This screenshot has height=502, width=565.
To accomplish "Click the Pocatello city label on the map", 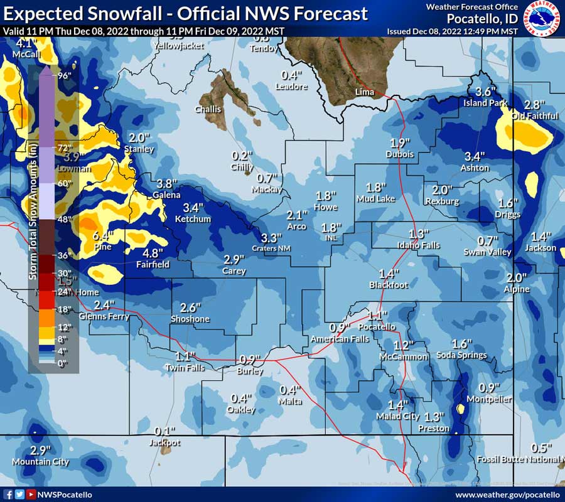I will coord(377,327).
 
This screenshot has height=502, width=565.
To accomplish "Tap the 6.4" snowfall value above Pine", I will coord(101,236).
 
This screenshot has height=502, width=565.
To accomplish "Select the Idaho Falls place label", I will coord(418,245).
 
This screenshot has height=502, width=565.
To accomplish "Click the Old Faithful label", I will coord(534,116).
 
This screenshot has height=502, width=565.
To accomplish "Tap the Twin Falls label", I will coord(185,368).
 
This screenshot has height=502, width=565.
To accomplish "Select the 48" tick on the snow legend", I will coord(65,220).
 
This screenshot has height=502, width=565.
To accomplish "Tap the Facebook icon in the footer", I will coord(8,494).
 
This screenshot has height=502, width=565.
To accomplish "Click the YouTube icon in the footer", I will coord(31,494).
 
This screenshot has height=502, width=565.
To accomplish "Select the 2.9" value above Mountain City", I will coord(40,451).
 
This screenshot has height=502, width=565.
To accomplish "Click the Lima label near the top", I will coord(364,92).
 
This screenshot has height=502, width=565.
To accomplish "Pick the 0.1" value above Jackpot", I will coord(164,432).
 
